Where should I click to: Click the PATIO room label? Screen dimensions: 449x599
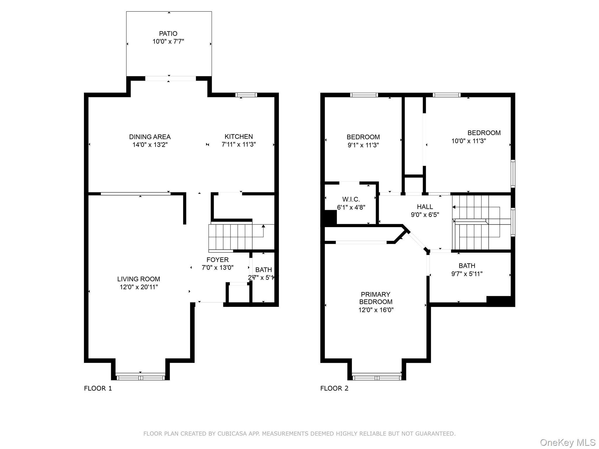[168, 34]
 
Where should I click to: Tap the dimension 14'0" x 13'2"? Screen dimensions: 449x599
[150, 145]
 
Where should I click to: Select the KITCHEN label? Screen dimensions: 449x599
[239, 137]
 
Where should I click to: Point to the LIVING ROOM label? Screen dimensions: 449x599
[139, 279]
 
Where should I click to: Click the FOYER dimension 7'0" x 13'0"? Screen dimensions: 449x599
[218, 267]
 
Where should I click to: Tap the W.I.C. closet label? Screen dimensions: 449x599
[351, 199]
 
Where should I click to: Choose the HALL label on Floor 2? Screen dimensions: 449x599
[425, 207]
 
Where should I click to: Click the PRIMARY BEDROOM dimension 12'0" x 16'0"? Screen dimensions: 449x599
[376, 310]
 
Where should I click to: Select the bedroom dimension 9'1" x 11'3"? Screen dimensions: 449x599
[363, 145]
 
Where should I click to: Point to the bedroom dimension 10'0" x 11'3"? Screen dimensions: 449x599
[469, 141]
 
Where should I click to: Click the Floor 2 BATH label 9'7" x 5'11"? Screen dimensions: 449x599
[467, 266]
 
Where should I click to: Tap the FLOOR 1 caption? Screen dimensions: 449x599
[98, 388]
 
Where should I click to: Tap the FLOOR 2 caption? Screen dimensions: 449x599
[334, 388]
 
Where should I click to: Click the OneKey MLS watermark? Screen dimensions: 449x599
[567, 443]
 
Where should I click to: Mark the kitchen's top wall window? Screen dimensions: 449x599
[246, 95]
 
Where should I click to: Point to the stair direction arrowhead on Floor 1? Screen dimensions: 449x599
[263, 226]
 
